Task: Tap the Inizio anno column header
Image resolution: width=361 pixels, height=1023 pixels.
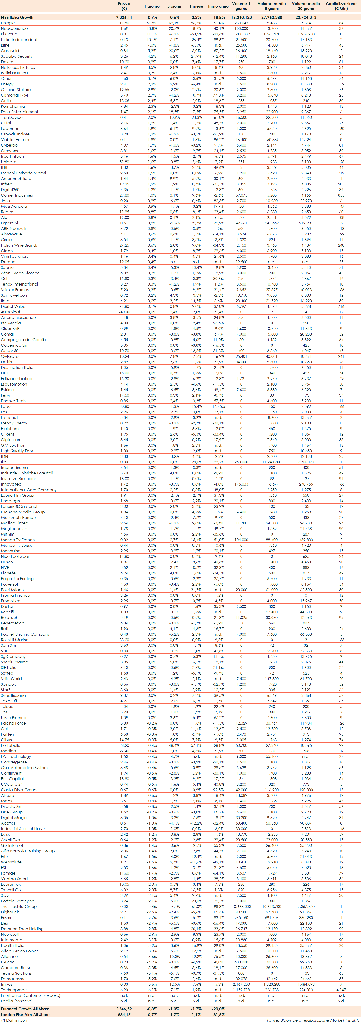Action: point(218,6)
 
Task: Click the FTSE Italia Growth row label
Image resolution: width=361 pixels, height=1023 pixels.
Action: point(17,17)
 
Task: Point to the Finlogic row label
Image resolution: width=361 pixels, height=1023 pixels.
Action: point(8,23)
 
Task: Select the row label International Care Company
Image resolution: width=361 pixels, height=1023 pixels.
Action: point(29,490)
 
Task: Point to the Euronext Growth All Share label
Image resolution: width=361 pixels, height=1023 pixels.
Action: point(25,1009)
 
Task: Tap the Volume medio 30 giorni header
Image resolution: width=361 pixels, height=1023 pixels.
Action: point(305,6)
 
